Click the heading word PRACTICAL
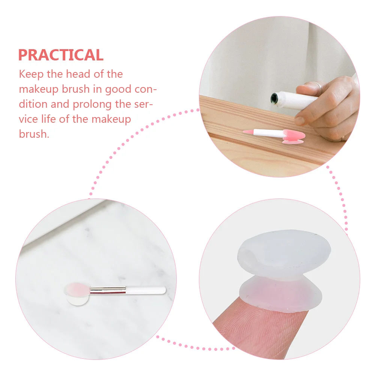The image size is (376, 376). coord(61,55)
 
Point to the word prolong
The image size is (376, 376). coord(99,104)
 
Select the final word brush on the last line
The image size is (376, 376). coord(34,134)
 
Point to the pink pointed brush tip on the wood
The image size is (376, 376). coord(248,132)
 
